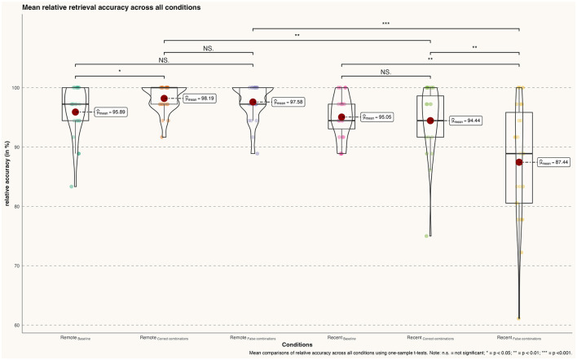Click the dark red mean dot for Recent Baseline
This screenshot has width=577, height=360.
tap(341, 116)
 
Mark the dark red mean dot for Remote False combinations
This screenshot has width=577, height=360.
tap(253, 102)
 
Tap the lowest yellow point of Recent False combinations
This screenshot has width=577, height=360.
tap(519, 318)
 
